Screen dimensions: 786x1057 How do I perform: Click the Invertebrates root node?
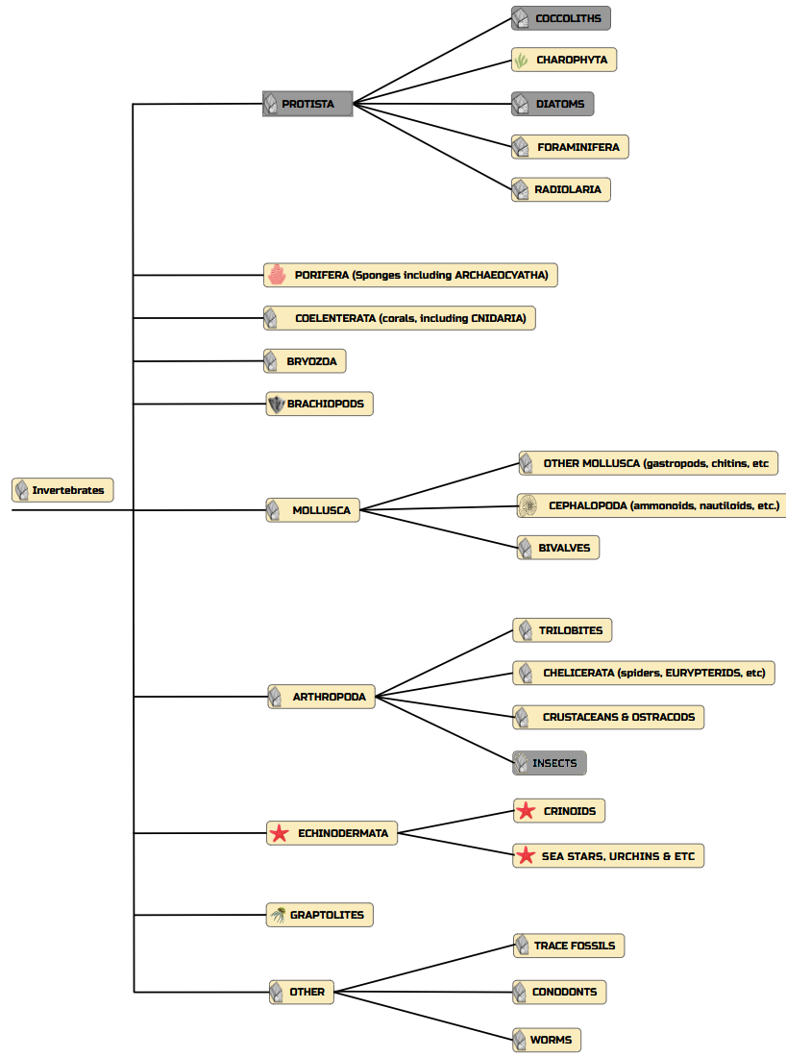pos(62,490)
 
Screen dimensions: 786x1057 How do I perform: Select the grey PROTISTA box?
pos(307,104)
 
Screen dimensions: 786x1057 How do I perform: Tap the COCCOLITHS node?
pos(561,18)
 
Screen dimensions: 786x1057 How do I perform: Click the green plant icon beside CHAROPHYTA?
pos(521,60)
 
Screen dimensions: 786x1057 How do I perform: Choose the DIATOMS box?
pos(553,104)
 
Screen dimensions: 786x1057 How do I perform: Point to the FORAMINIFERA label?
pos(578,147)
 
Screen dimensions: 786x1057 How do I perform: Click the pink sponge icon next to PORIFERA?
pos(277,275)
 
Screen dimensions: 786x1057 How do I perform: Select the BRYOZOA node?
pos(305,361)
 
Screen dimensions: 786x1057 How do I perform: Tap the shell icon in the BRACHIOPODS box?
pos(277,404)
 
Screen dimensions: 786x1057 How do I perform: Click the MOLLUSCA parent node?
pos(313,510)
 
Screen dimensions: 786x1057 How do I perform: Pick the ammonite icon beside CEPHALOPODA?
pos(528,505)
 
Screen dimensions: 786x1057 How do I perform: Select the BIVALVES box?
pos(558,548)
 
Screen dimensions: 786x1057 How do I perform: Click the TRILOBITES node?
pos(563,630)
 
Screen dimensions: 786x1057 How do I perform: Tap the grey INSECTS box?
pos(550,763)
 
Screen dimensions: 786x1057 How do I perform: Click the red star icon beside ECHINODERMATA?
pos(279,833)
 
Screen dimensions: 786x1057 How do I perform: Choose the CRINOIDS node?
pos(559,811)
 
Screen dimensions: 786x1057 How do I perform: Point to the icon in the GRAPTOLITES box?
pos(278,915)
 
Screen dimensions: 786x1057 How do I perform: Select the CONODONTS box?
pos(559,992)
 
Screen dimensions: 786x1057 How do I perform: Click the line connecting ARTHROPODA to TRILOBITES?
pos(445,663)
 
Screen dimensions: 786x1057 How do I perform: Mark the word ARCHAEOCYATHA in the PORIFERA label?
pos(501,275)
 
